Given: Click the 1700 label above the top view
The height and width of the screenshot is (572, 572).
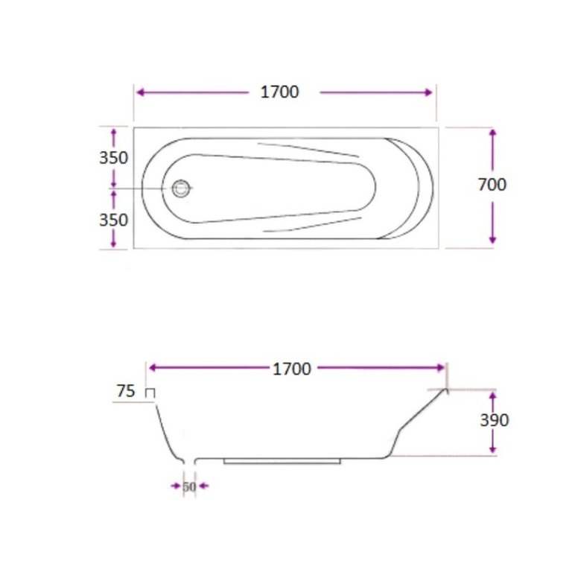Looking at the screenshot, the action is (x=280, y=92).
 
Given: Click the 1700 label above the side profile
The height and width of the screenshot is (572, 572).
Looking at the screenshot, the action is (x=292, y=369).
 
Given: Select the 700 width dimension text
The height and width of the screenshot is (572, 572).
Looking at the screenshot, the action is (x=492, y=185).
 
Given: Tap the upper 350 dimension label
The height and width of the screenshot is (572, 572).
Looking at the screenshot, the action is (x=113, y=158).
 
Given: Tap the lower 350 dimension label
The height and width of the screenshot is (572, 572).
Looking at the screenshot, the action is (x=113, y=220).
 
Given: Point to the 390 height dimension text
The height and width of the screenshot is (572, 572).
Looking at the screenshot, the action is (x=495, y=420).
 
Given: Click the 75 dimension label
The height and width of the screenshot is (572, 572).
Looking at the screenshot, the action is (x=126, y=391).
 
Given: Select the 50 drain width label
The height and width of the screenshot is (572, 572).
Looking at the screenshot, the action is (x=189, y=486).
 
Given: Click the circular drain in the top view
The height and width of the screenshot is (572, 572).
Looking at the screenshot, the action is (x=181, y=188).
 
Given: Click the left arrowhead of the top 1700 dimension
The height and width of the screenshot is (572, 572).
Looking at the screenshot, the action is (x=140, y=92).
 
